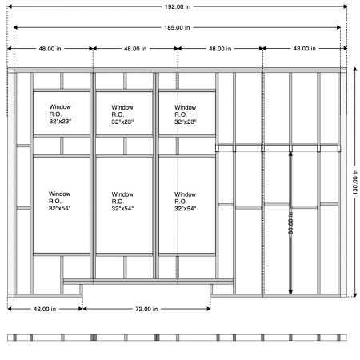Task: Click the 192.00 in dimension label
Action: point(178,6)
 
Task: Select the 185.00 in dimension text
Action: point(177,27)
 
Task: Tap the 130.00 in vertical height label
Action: point(355,182)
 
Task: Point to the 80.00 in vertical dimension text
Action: point(290,223)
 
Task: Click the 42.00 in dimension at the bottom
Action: point(45,309)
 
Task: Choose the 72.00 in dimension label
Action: point(146,309)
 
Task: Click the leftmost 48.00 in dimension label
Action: point(50,49)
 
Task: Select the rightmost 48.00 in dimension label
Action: point(305,49)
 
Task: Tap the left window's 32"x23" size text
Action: point(60,122)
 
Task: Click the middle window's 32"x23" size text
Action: point(122,122)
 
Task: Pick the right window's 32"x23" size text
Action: point(186,122)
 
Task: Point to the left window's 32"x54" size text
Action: point(60,208)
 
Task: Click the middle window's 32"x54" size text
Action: point(122,209)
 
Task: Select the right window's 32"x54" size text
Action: point(186,209)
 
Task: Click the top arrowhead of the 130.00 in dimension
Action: point(355,69)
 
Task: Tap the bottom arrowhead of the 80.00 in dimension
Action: point(290,292)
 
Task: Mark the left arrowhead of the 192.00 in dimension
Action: point(10,6)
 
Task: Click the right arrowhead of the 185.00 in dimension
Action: point(338,27)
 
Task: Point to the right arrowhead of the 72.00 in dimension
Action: point(208,309)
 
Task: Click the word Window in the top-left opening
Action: point(60,107)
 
